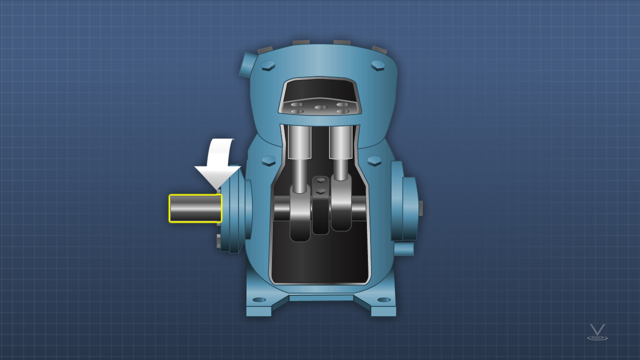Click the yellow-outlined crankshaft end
(x=195, y=208)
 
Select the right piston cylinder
(x=341, y=141)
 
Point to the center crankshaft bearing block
(x=320, y=205)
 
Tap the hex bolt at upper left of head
(x=268, y=65)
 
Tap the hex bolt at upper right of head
(x=377, y=65)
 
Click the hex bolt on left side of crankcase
(x=268, y=160)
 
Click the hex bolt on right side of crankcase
(x=374, y=160)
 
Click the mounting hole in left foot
(x=259, y=300)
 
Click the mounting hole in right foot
(x=383, y=300)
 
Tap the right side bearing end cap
(x=408, y=208)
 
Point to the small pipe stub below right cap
(x=404, y=249)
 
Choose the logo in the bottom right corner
(x=597, y=332)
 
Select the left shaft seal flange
(x=234, y=210)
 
